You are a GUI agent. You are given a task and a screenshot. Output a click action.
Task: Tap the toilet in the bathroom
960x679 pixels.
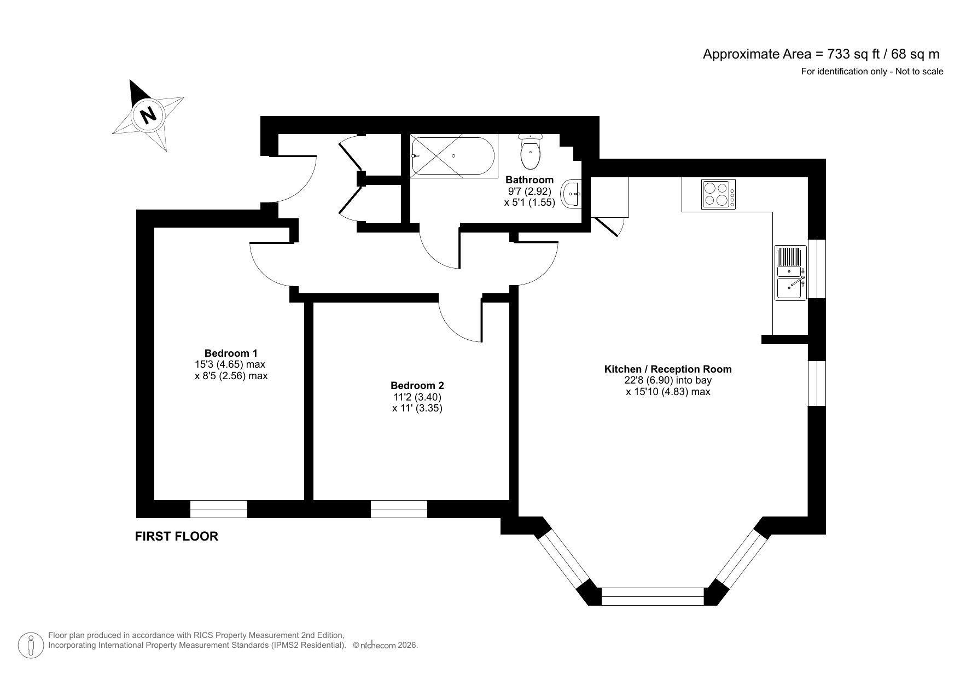pos(530,152)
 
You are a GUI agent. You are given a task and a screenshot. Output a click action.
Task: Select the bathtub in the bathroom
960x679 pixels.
pos(453,156)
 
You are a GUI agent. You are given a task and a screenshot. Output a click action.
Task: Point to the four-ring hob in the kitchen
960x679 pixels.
pos(718,194)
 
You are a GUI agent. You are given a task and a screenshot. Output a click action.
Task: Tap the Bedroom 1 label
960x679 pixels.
pos(230,353)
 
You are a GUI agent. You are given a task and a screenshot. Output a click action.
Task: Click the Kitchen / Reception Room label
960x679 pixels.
pos(667,369)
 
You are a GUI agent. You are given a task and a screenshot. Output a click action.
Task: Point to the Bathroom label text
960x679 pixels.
pos(529,179)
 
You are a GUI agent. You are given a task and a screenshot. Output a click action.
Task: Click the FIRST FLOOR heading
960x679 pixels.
pos(176,537)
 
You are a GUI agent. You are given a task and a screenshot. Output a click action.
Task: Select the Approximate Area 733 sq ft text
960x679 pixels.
pos(821,54)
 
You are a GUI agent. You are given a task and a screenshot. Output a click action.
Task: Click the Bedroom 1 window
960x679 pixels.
pos(219,509)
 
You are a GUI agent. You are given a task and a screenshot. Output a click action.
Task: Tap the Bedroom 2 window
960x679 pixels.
pos(399,509)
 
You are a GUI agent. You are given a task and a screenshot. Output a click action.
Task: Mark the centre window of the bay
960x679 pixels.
pos(653,596)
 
